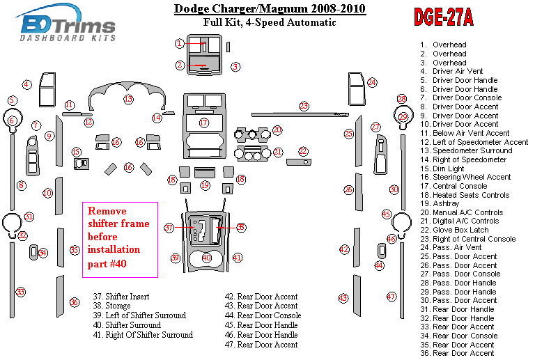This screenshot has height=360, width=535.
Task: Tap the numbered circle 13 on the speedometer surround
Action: pyautogui.click(x=128, y=100)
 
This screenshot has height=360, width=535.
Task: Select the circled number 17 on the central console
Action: pyautogui.click(x=203, y=123)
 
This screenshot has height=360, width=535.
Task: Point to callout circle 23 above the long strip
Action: pyautogui.click(x=304, y=106)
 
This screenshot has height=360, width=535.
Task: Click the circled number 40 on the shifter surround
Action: pyautogui.click(x=206, y=258)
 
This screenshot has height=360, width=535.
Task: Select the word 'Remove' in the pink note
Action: pyautogui.click(x=104, y=210)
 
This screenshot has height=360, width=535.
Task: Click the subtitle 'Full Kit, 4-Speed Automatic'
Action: pyautogui.click(x=269, y=22)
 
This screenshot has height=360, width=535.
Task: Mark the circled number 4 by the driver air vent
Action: pyautogui.click(x=26, y=85)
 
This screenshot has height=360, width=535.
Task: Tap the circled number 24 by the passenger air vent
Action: pyautogui.click(x=372, y=82)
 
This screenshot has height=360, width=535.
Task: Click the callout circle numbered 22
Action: pyautogui.click(x=303, y=150)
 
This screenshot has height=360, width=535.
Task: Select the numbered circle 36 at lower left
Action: pyautogui.click(x=74, y=302)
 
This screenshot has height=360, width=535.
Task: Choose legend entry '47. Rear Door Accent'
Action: pyautogui.click(x=267, y=345)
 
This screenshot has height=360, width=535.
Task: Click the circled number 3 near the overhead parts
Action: pyautogui.click(x=235, y=67)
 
